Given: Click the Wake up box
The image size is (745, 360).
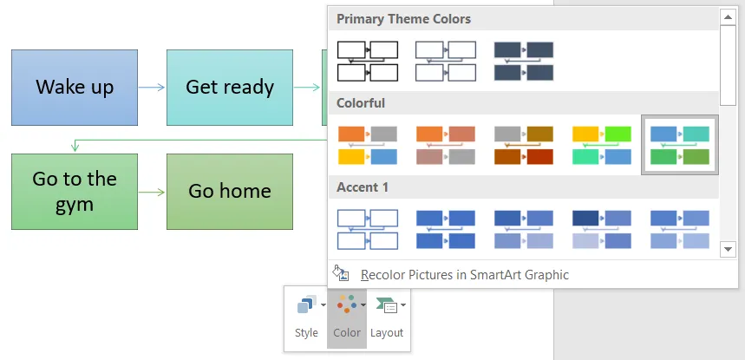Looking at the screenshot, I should tap(75, 87).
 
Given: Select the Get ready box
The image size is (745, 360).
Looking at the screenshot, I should tap(230, 87).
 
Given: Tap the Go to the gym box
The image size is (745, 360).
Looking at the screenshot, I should tap(75, 192).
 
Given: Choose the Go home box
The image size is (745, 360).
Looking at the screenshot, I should tap(230, 192).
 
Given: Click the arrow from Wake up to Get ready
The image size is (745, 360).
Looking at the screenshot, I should tap(152, 87).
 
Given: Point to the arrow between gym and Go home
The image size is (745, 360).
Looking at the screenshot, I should tap(152, 192).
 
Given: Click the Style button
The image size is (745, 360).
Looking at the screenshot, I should tap(306, 317).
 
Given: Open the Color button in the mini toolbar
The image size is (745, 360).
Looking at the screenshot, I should tap(347, 317).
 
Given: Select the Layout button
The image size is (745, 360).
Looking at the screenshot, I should tap(387, 317).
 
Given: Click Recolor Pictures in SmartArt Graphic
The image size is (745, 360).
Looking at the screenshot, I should tap(464, 275).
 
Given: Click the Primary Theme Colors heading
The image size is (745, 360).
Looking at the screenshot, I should tap(404, 19).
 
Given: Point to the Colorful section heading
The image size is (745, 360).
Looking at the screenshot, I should tap(361, 103).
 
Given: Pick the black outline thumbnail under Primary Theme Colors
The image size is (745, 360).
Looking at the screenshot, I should tap(367, 61).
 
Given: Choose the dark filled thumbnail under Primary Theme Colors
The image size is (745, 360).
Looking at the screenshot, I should tap(523, 61).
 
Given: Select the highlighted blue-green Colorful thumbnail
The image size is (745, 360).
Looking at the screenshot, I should tap(679, 145).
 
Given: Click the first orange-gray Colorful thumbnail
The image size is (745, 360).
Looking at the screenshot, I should tap(367, 145).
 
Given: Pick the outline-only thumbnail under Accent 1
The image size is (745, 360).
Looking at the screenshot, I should tap(367, 229).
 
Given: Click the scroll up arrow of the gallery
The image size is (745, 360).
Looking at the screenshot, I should tap(729, 16).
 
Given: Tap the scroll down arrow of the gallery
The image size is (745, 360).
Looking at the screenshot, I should tap(729, 249).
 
